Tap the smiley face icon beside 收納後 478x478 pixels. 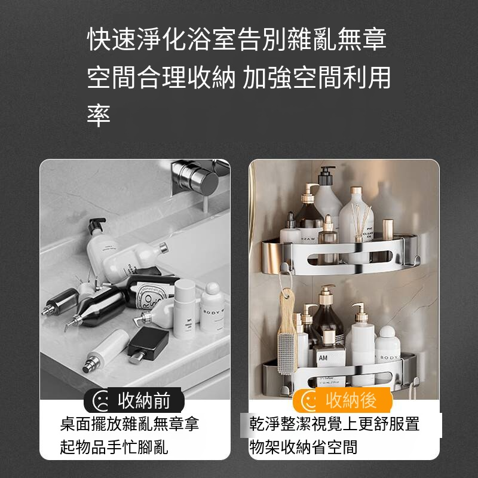(x=310, y=400)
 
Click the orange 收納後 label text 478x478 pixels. (x=351, y=399)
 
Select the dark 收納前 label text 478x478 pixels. (x=143, y=399)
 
